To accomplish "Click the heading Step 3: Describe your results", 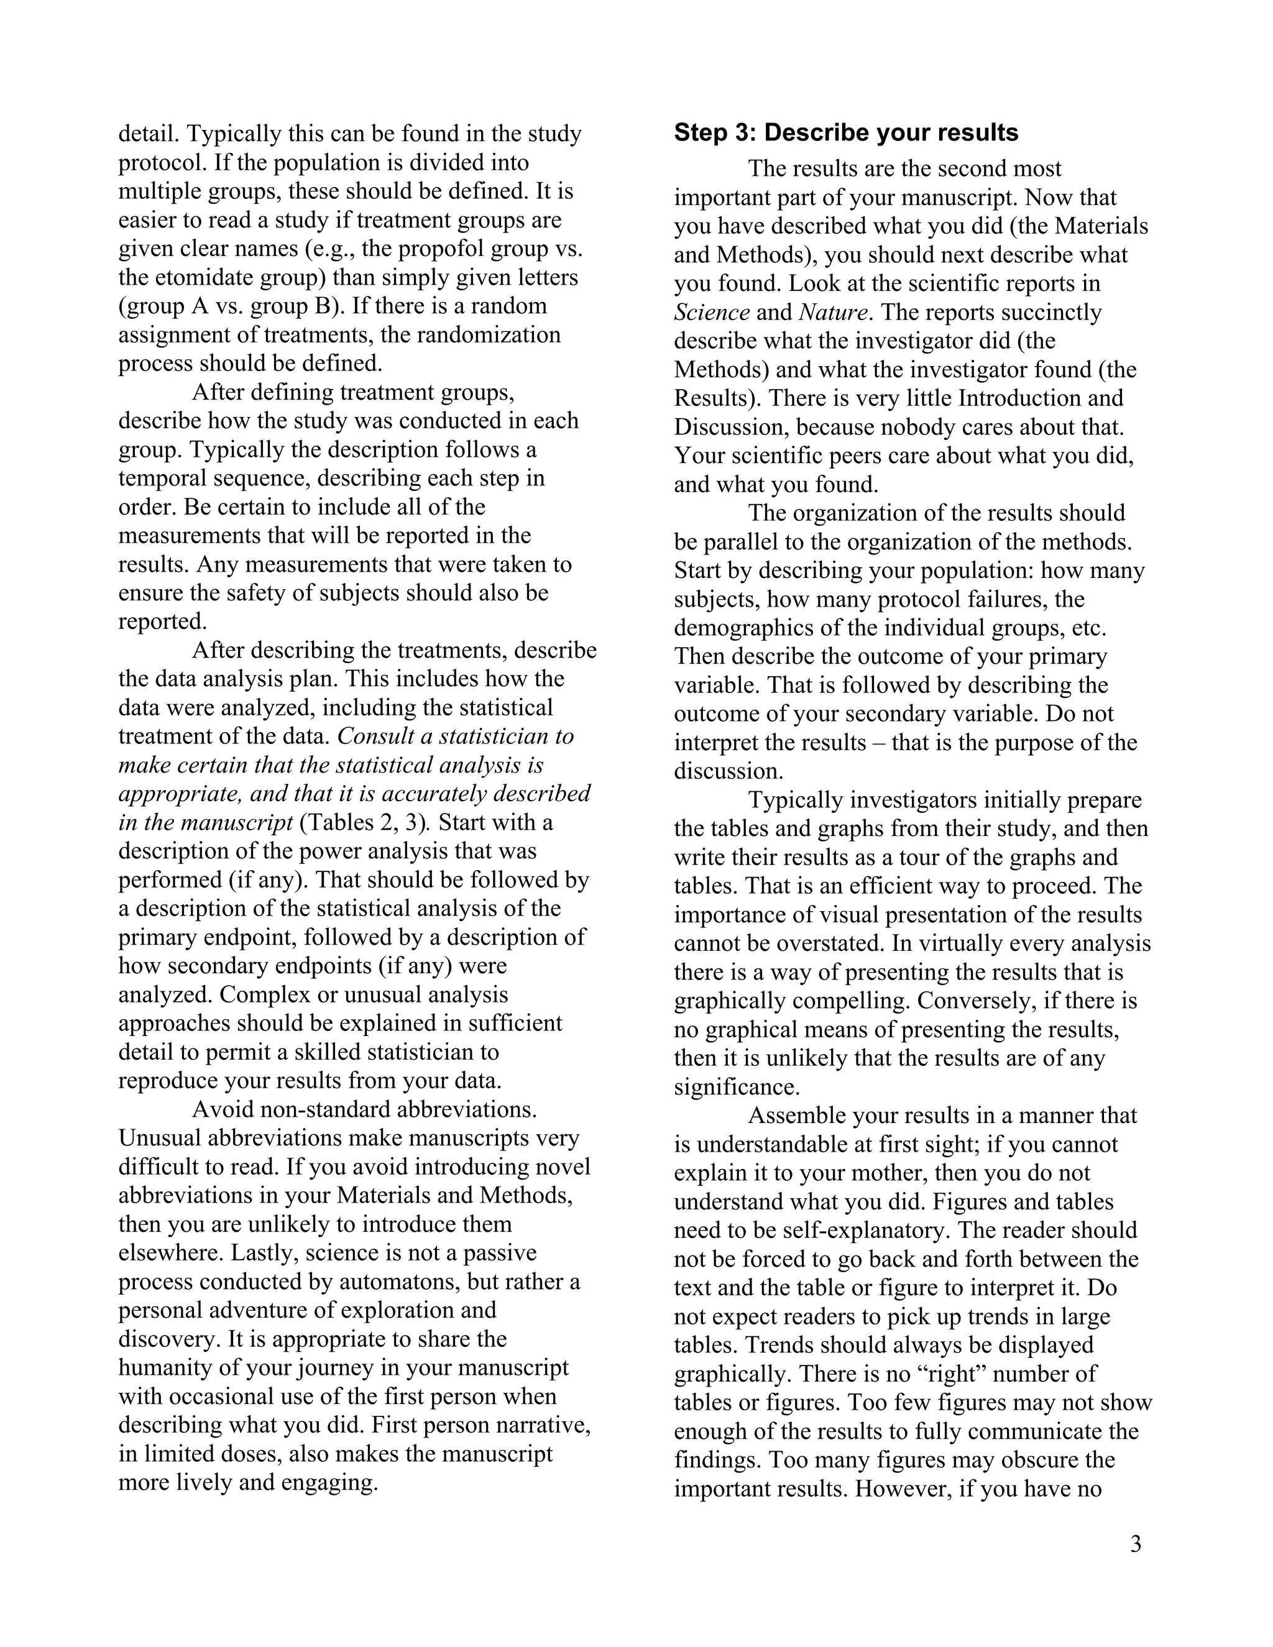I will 845,133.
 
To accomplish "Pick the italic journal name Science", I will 711,312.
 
